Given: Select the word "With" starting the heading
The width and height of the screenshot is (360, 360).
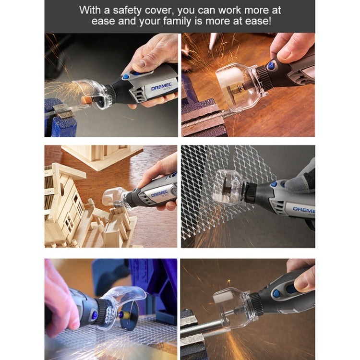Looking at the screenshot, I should coord(91,10).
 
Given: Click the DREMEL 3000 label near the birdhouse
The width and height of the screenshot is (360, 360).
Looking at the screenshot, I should coord(159,193).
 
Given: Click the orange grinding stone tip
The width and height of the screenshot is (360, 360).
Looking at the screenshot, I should coord(86,99).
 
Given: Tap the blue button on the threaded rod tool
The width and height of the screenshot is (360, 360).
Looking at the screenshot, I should coord(272,65).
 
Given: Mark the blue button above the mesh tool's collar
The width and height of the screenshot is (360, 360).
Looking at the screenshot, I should coord(274,184).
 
